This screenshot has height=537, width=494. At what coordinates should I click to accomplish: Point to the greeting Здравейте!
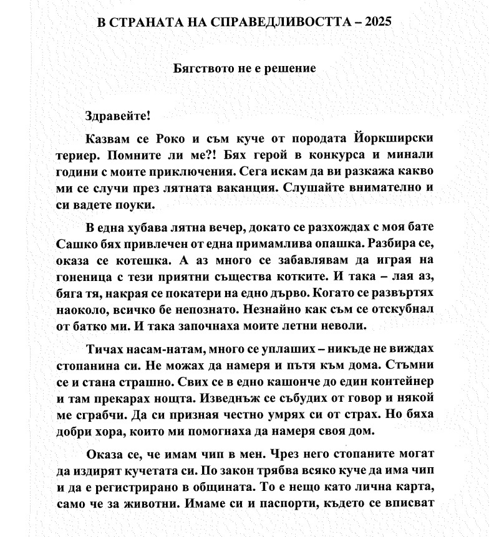(117, 116)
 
